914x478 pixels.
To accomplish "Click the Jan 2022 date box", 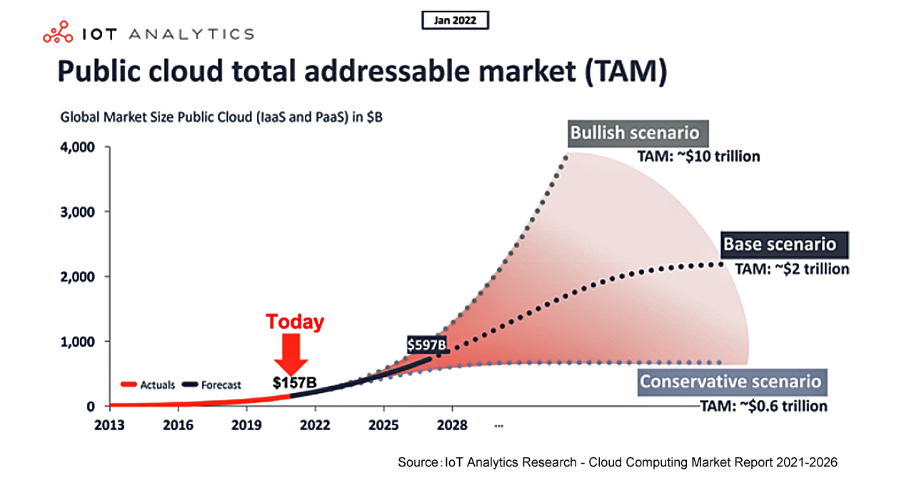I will click(455, 20).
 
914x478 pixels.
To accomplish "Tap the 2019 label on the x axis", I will click(246, 426).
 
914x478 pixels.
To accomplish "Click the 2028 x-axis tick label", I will click(452, 426).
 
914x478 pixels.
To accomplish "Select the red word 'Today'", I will click(295, 322).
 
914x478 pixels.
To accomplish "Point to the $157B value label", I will click(294, 382).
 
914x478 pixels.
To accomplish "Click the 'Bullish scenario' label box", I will click(634, 133).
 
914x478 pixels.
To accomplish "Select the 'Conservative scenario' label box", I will click(730, 381).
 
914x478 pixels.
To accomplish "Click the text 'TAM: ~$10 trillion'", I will click(698, 156).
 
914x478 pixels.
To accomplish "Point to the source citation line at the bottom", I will click(618, 462).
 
